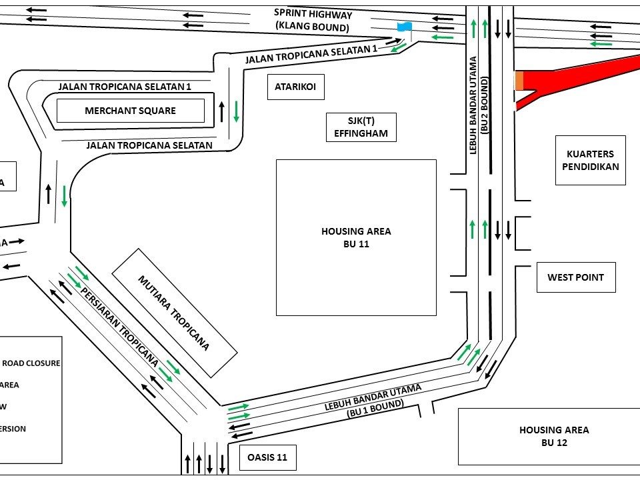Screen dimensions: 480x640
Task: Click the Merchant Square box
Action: (x=130, y=111)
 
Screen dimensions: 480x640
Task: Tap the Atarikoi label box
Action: (x=295, y=87)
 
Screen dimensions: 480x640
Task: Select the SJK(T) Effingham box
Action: (x=361, y=127)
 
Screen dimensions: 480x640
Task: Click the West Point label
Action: (x=575, y=277)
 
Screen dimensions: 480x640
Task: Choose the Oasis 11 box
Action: (x=267, y=457)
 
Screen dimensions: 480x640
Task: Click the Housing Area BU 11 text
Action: (x=356, y=237)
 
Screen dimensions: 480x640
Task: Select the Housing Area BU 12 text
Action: (x=554, y=436)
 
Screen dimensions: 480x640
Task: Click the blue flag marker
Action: (x=404, y=27)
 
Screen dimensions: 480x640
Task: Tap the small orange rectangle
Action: (x=519, y=81)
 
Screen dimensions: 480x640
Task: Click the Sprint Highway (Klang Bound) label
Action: (x=313, y=21)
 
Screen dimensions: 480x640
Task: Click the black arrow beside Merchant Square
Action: (x=222, y=113)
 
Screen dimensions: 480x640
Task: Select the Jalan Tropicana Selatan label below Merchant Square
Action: (x=149, y=145)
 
